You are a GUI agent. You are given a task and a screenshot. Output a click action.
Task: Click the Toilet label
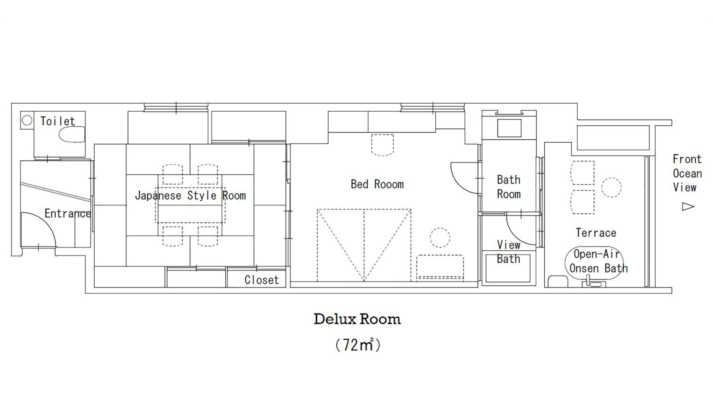click(x=58, y=121)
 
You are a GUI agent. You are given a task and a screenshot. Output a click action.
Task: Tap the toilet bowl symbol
click(x=72, y=135)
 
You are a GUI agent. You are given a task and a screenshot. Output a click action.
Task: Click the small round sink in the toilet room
click(x=27, y=120)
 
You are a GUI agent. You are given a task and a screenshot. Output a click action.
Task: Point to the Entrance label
click(x=67, y=213)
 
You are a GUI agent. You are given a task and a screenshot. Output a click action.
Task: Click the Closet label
click(x=262, y=280)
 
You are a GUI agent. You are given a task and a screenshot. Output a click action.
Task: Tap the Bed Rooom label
click(x=377, y=184)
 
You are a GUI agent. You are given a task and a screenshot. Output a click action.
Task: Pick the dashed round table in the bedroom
click(x=440, y=238)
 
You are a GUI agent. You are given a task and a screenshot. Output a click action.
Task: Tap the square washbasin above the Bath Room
click(x=509, y=128)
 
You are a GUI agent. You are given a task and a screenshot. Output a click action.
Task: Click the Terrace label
click(x=596, y=233)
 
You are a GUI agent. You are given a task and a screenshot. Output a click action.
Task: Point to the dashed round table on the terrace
click(x=611, y=187)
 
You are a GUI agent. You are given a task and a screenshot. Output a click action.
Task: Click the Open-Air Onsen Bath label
click(x=598, y=261)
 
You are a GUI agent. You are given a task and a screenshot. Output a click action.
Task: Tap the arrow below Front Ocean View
click(x=688, y=206)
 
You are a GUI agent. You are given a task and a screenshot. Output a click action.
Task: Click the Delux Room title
click(x=357, y=319)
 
